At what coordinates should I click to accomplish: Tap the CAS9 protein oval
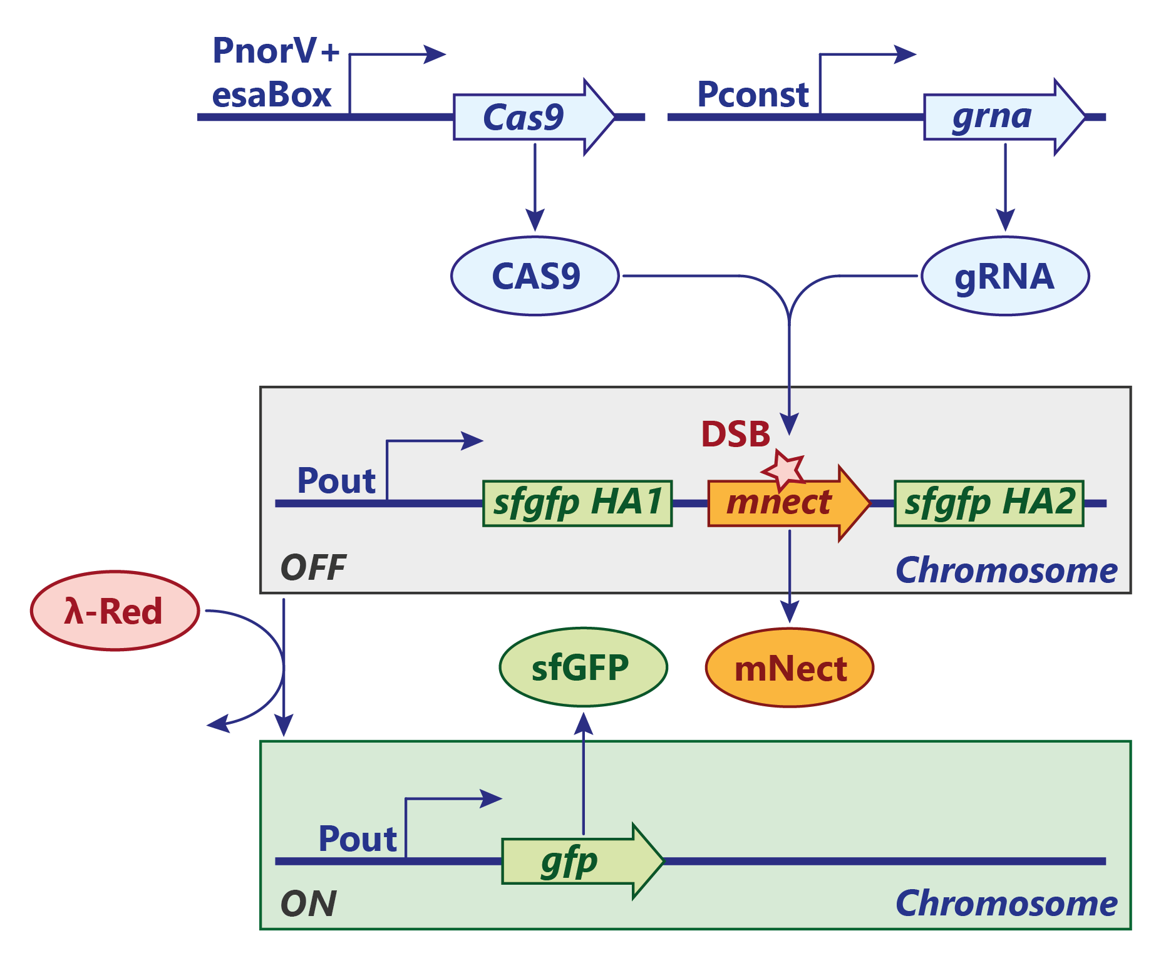[535, 276]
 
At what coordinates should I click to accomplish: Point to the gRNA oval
[1005, 276]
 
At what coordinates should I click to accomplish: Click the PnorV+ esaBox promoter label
[274, 73]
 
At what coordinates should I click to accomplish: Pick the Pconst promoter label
[753, 95]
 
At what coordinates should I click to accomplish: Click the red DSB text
[735, 434]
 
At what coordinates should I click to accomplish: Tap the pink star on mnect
[783, 468]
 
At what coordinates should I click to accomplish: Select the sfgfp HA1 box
[577, 503]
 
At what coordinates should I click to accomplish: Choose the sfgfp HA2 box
[989, 503]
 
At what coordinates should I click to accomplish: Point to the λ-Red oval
[115, 611]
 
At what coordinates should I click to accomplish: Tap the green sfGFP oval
[583, 667]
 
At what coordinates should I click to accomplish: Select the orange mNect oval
[790, 668]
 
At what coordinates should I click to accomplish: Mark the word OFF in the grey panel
[313, 568]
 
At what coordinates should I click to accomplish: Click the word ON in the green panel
[308, 904]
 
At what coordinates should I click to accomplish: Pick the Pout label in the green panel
[358, 839]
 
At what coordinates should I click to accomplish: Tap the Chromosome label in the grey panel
[1006, 570]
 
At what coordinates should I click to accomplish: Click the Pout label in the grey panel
[336, 481]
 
